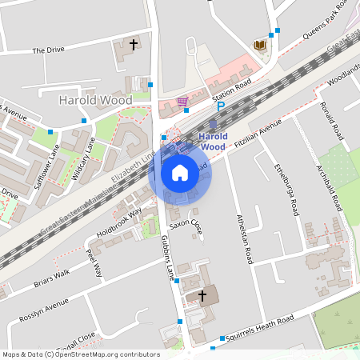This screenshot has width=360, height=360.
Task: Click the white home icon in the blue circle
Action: pyautogui.click(x=180, y=172)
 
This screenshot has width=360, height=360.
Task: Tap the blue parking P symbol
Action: pyautogui.click(x=221, y=106)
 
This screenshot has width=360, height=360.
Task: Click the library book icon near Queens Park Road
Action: pyautogui.click(x=258, y=45)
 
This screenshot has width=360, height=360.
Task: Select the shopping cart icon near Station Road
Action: pyautogui.click(x=183, y=102)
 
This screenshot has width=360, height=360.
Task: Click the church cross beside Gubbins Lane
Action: pyautogui.click(x=202, y=296)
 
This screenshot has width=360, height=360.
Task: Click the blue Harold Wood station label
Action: pyautogui.click(x=213, y=142)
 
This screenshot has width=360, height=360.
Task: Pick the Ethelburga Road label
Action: pyautogui.click(x=286, y=189)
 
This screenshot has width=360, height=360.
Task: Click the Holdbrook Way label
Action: pyautogui.click(x=118, y=223)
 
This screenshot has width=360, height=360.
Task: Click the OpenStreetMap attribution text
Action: pyautogui.click(x=80, y=354)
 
